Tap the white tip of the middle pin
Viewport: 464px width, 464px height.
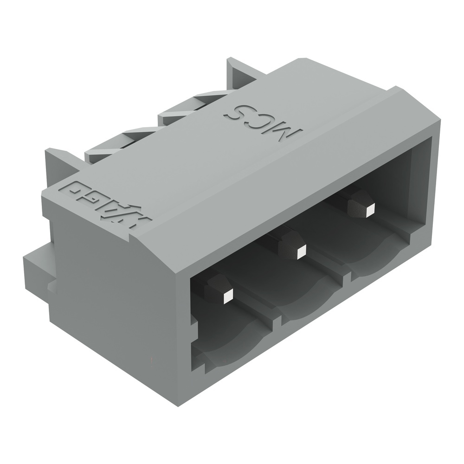pos(301,252)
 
